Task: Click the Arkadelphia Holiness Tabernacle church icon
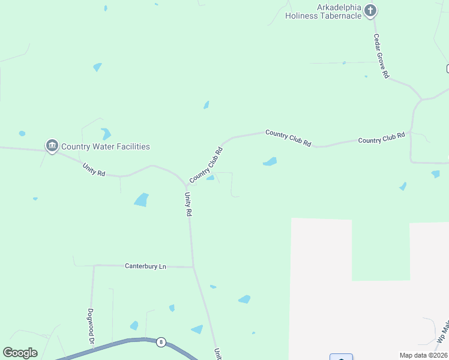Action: pos(371,10)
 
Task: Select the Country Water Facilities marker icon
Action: pos(52,146)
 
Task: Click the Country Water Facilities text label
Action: pos(106,146)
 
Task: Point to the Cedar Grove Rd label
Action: pos(382,56)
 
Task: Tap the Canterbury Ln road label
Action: pos(145,266)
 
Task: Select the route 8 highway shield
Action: pos(161,342)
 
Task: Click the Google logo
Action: pos(20,353)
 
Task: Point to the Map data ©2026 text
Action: pos(423,355)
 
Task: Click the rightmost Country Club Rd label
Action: pos(381,139)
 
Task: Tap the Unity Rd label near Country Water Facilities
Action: pos(94,170)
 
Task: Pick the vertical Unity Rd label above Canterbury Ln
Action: pos(188,204)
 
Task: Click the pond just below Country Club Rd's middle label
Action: pos(270,161)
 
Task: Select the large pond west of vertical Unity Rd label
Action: pos(141,200)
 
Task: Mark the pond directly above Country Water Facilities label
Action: pos(106,134)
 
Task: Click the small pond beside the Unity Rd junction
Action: pos(211,178)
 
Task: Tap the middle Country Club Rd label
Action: pos(288,138)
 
